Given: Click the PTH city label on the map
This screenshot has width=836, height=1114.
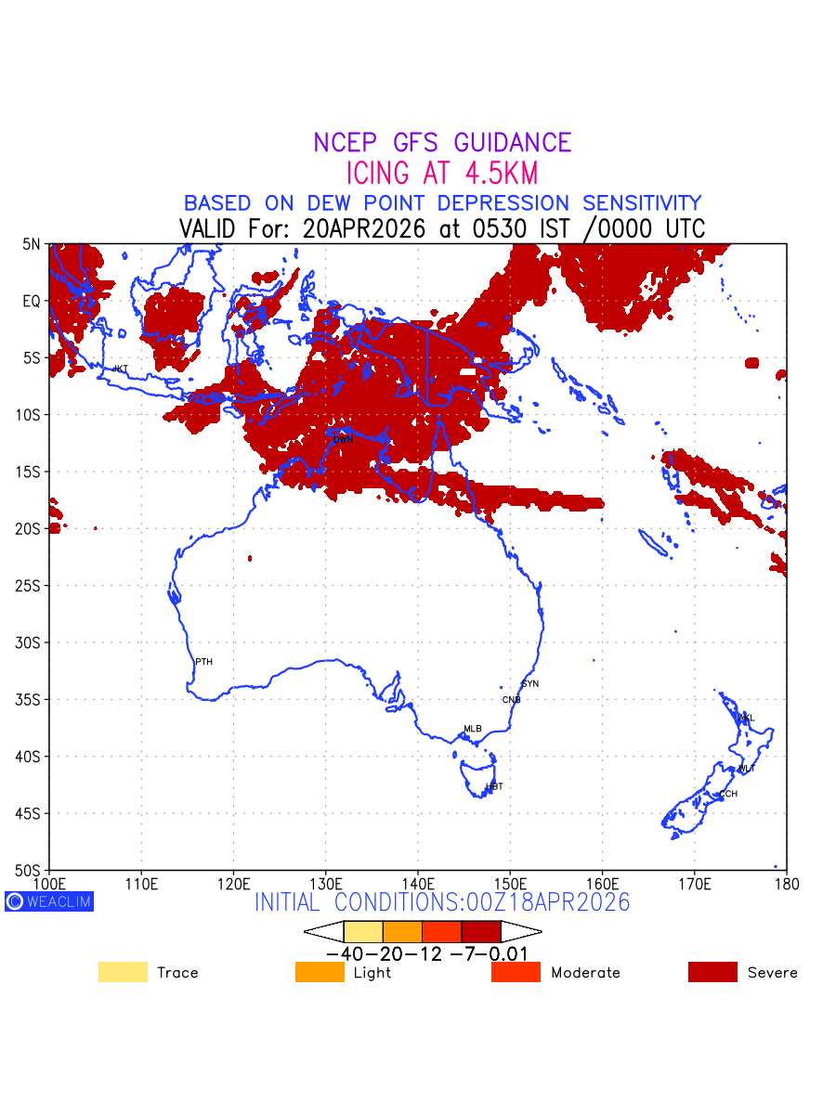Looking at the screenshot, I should [203, 662].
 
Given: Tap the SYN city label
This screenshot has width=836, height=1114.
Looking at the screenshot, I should [529, 684].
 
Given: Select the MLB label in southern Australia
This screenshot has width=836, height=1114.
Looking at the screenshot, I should [473, 729].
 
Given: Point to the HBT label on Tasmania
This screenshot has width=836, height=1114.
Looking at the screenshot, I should [494, 786].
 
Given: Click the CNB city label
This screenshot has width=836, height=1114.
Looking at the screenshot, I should [511, 700].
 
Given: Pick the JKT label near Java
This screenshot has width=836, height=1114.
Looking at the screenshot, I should [120, 369].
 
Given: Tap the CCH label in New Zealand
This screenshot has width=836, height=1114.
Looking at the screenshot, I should [728, 795].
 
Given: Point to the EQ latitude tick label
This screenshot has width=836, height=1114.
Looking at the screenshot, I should [32, 301].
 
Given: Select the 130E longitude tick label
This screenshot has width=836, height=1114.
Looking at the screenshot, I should [325, 882].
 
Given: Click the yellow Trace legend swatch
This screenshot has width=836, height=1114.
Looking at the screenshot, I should [123, 972].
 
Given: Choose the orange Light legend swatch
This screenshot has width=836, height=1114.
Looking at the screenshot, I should [320, 972].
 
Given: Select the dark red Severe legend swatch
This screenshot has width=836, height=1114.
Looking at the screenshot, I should [712, 972].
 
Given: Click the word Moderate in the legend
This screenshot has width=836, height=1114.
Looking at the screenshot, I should [585, 973].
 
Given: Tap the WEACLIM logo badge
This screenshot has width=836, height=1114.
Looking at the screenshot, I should [49, 901].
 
